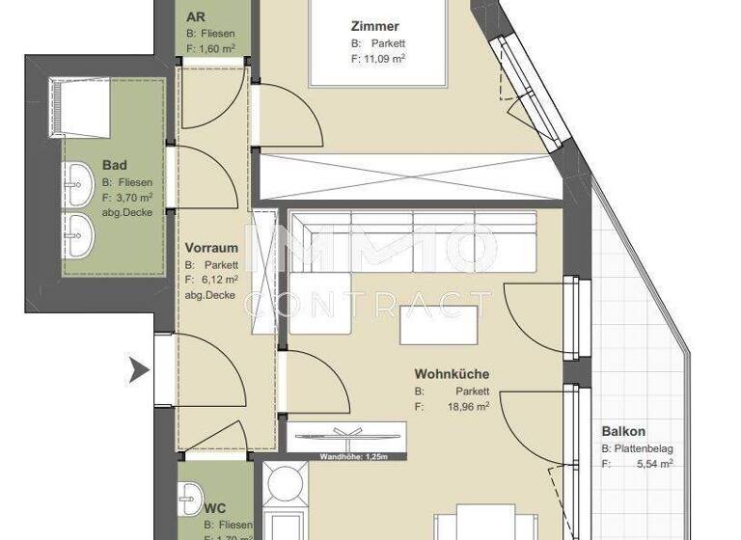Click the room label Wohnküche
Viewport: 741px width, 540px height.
[x=451, y=373]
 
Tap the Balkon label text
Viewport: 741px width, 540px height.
[x=623, y=432]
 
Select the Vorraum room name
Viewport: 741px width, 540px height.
[x=211, y=248]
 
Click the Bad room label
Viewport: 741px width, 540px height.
[x=114, y=165]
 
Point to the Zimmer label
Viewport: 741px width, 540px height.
[x=375, y=27]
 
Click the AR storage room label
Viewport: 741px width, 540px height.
[x=196, y=17]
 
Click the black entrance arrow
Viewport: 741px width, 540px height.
[x=139, y=367]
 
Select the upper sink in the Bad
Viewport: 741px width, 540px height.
[x=78, y=179]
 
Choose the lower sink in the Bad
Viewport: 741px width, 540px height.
[x=78, y=234]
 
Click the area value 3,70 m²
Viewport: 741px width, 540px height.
[x=133, y=197]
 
